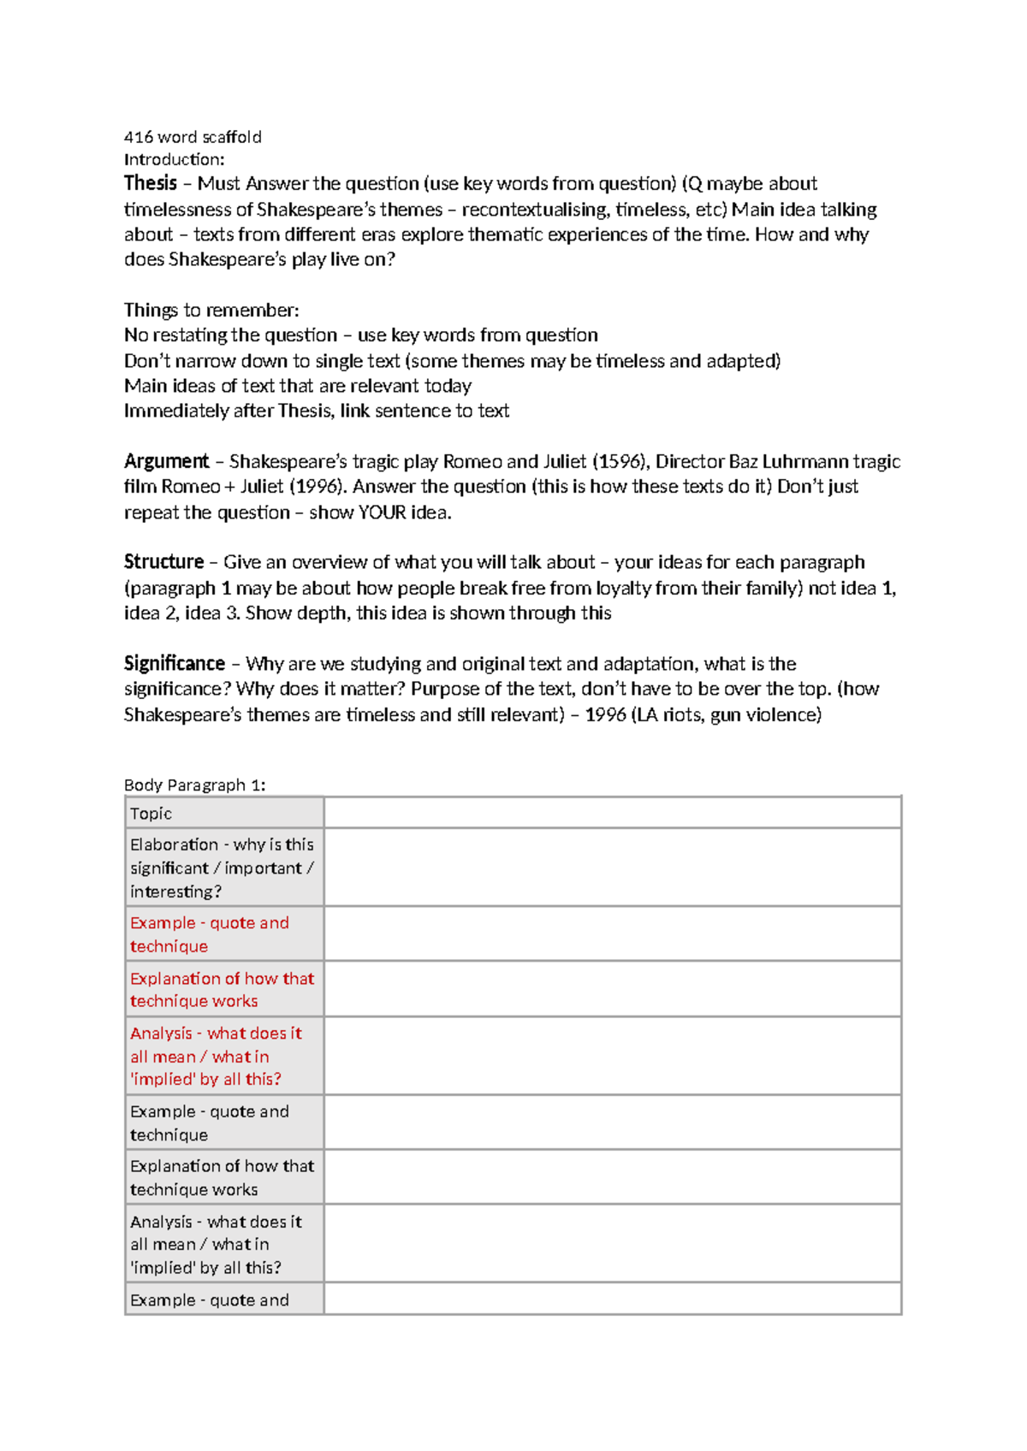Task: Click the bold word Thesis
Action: (x=150, y=183)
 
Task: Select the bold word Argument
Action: (x=166, y=462)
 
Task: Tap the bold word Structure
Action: (x=163, y=562)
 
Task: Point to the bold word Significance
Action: (x=174, y=664)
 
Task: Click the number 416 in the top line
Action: (x=138, y=137)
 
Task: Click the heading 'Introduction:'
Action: (x=174, y=159)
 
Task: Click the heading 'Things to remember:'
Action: (x=211, y=310)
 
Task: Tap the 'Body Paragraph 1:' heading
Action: (x=194, y=785)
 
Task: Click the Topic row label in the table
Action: (x=151, y=814)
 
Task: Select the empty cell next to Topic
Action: (x=612, y=813)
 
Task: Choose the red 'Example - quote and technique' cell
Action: (x=210, y=934)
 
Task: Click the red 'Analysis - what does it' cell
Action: (x=216, y=1056)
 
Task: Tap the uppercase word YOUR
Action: (x=382, y=512)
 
